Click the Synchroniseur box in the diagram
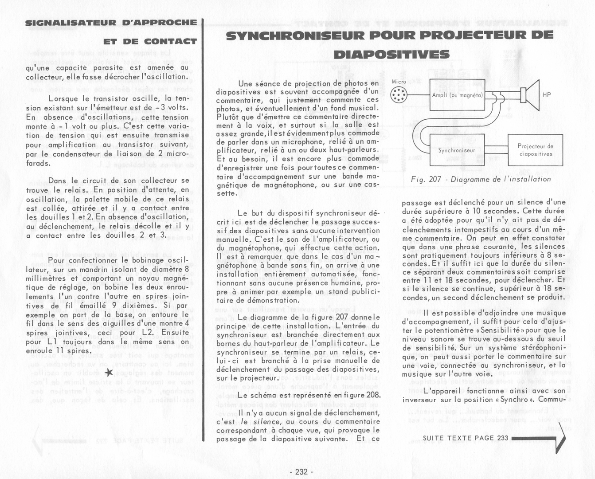(457, 150)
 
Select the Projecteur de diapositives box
(535, 150)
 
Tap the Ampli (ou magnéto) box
(457, 95)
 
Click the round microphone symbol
(398, 95)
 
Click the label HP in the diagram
(547, 95)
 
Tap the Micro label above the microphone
(399, 82)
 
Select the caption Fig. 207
(481, 179)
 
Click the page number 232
(301, 471)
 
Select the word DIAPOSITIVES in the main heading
(391, 55)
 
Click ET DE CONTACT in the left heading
(150, 42)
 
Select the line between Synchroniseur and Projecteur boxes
(496, 150)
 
